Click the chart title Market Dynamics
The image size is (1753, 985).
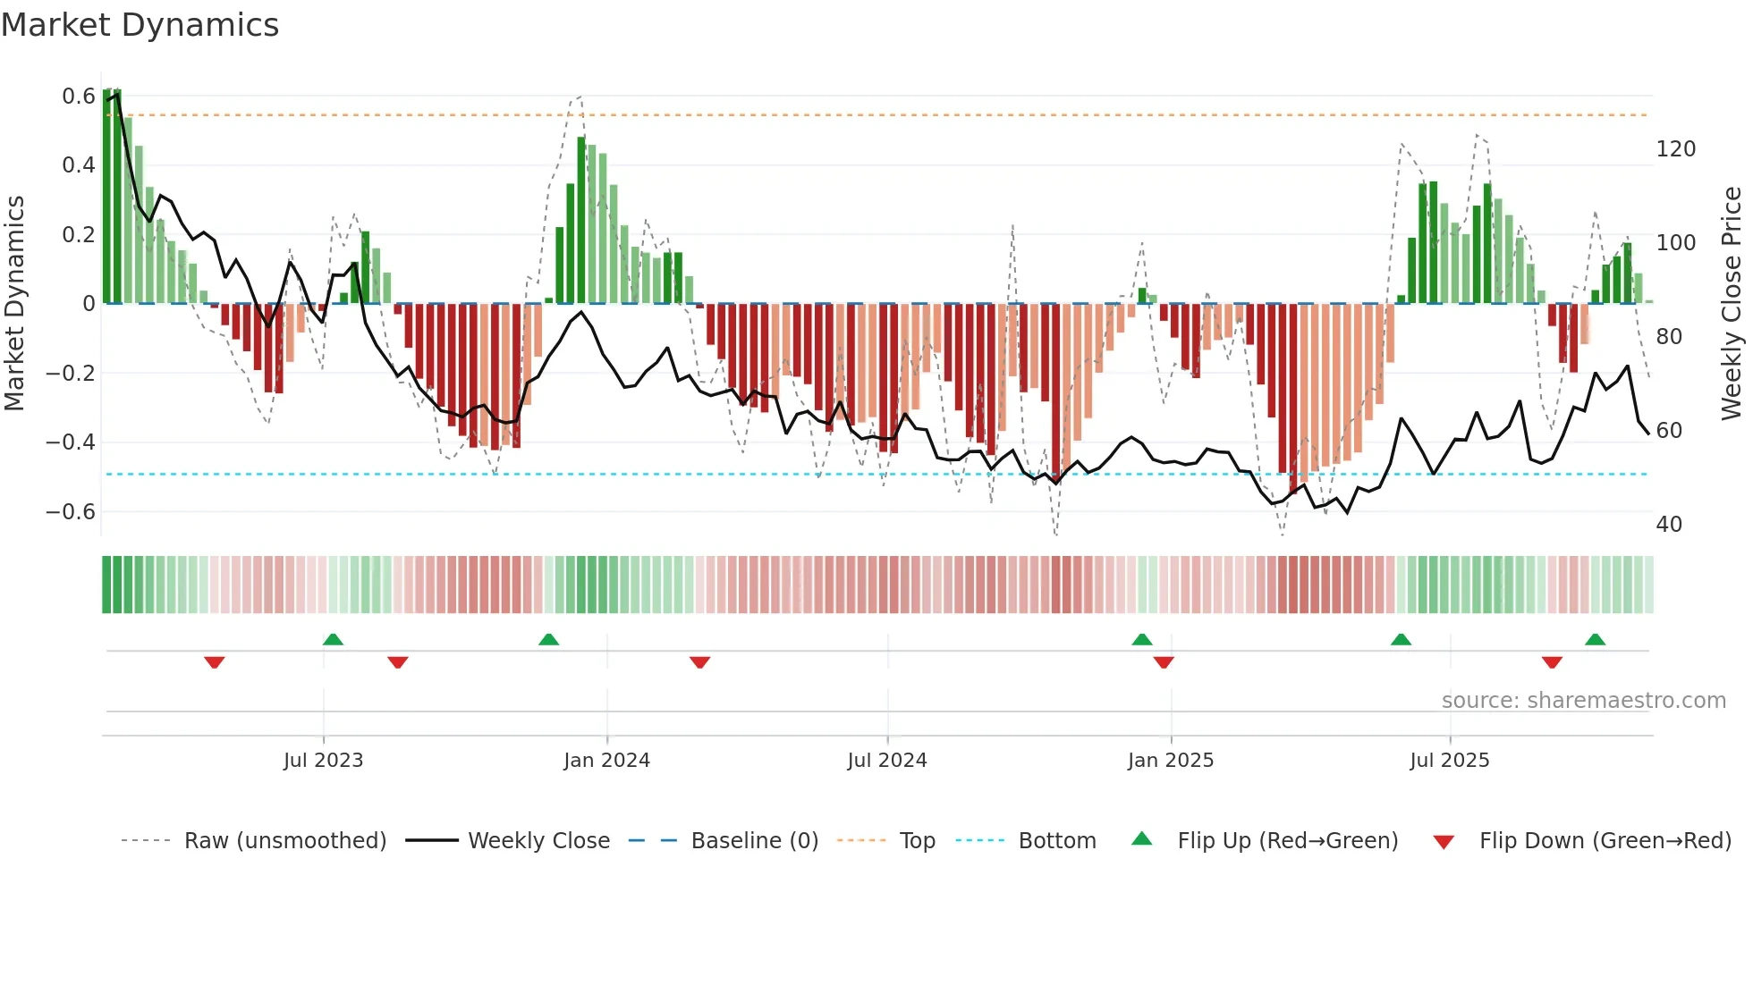(140, 25)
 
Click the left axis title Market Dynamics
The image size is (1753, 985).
(14, 304)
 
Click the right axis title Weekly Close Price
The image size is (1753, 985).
(1732, 304)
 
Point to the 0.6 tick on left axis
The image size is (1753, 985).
(79, 97)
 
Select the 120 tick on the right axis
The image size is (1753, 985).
(1675, 149)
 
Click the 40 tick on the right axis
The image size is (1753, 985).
(1669, 525)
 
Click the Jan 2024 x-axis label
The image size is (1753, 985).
(606, 761)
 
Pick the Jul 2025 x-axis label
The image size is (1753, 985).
(1450, 761)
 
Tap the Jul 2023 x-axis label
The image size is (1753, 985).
(323, 761)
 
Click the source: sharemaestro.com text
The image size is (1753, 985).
(1583, 701)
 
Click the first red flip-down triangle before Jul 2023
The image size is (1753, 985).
(214, 662)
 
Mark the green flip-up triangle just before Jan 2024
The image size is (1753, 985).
(548, 639)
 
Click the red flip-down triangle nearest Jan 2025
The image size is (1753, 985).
(1164, 662)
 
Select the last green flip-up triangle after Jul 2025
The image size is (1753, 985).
(1595, 639)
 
